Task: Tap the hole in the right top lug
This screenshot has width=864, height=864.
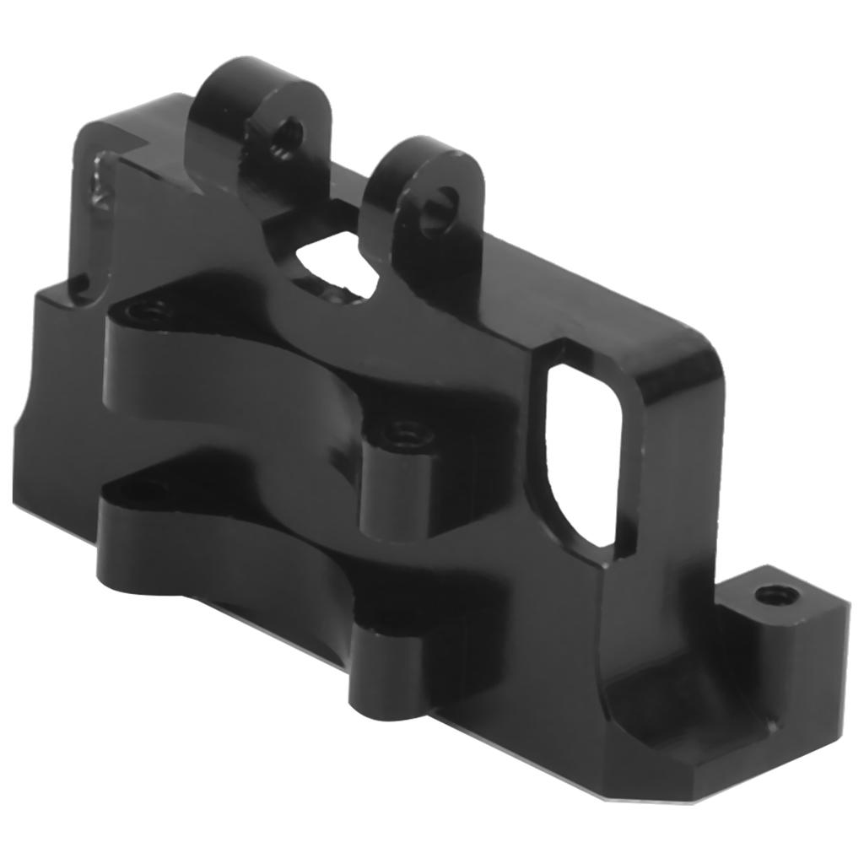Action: coord(440,202)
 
